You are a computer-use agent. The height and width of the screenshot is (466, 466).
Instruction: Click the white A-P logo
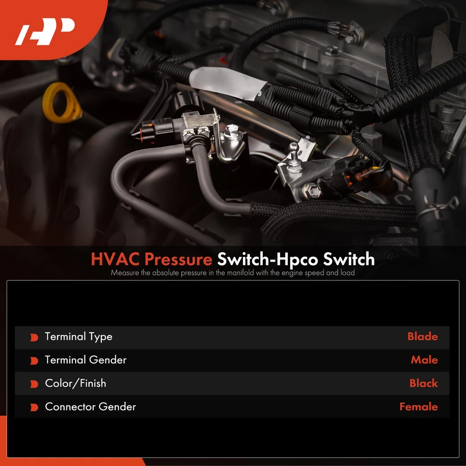[x=45, y=31]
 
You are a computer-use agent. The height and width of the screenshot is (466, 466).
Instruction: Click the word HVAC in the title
[x=115, y=259]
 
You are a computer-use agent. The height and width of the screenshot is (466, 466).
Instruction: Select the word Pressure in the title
[x=178, y=259]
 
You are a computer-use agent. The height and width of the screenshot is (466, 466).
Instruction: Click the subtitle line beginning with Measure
[x=232, y=273]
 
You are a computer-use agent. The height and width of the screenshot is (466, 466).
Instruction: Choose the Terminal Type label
[x=79, y=337]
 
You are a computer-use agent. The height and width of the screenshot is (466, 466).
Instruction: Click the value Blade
[x=422, y=337]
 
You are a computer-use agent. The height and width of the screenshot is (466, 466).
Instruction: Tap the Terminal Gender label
[x=86, y=360]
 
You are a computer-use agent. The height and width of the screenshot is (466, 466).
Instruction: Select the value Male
[x=424, y=360]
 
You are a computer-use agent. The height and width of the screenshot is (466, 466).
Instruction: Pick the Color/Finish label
[x=76, y=383]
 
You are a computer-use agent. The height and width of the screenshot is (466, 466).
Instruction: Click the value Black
[x=423, y=383]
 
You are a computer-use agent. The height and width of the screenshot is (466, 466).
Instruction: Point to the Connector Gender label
[x=90, y=407]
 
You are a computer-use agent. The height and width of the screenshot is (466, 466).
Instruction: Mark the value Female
[x=418, y=407]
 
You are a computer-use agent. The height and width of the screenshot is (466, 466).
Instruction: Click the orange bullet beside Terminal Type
[x=34, y=337]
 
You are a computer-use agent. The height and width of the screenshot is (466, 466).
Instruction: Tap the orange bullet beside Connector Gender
[x=34, y=407]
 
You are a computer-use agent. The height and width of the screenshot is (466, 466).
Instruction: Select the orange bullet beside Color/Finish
[x=34, y=384]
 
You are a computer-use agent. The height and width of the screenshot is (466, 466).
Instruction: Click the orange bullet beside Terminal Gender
[x=34, y=361]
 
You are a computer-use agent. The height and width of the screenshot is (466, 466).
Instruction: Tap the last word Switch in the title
[x=348, y=259]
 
